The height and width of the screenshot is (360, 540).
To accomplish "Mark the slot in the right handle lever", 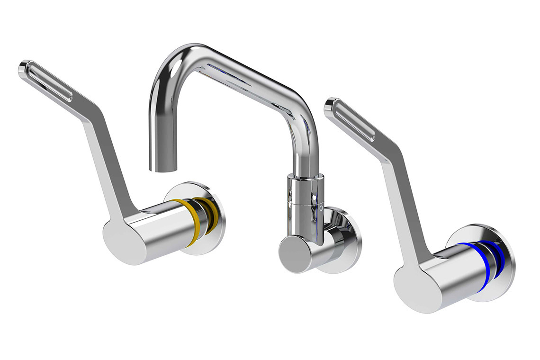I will pyautogui.click(x=355, y=120).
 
